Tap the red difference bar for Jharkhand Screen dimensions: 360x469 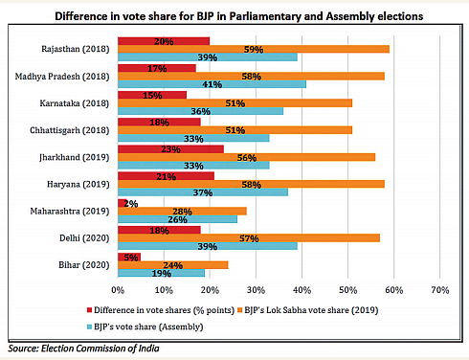tap(169, 148)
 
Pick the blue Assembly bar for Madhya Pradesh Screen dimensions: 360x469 tap(211, 83)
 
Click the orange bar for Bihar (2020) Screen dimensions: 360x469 tap(172, 265)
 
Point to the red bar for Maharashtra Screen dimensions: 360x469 tap(122, 203)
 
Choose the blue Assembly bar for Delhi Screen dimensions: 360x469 tap(207, 247)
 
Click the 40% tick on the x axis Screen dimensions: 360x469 tap(301, 288)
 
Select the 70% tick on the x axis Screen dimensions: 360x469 tap(438, 288)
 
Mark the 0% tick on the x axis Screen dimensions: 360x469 tap(118, 288)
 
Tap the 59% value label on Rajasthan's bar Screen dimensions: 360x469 tap(254, 49)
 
